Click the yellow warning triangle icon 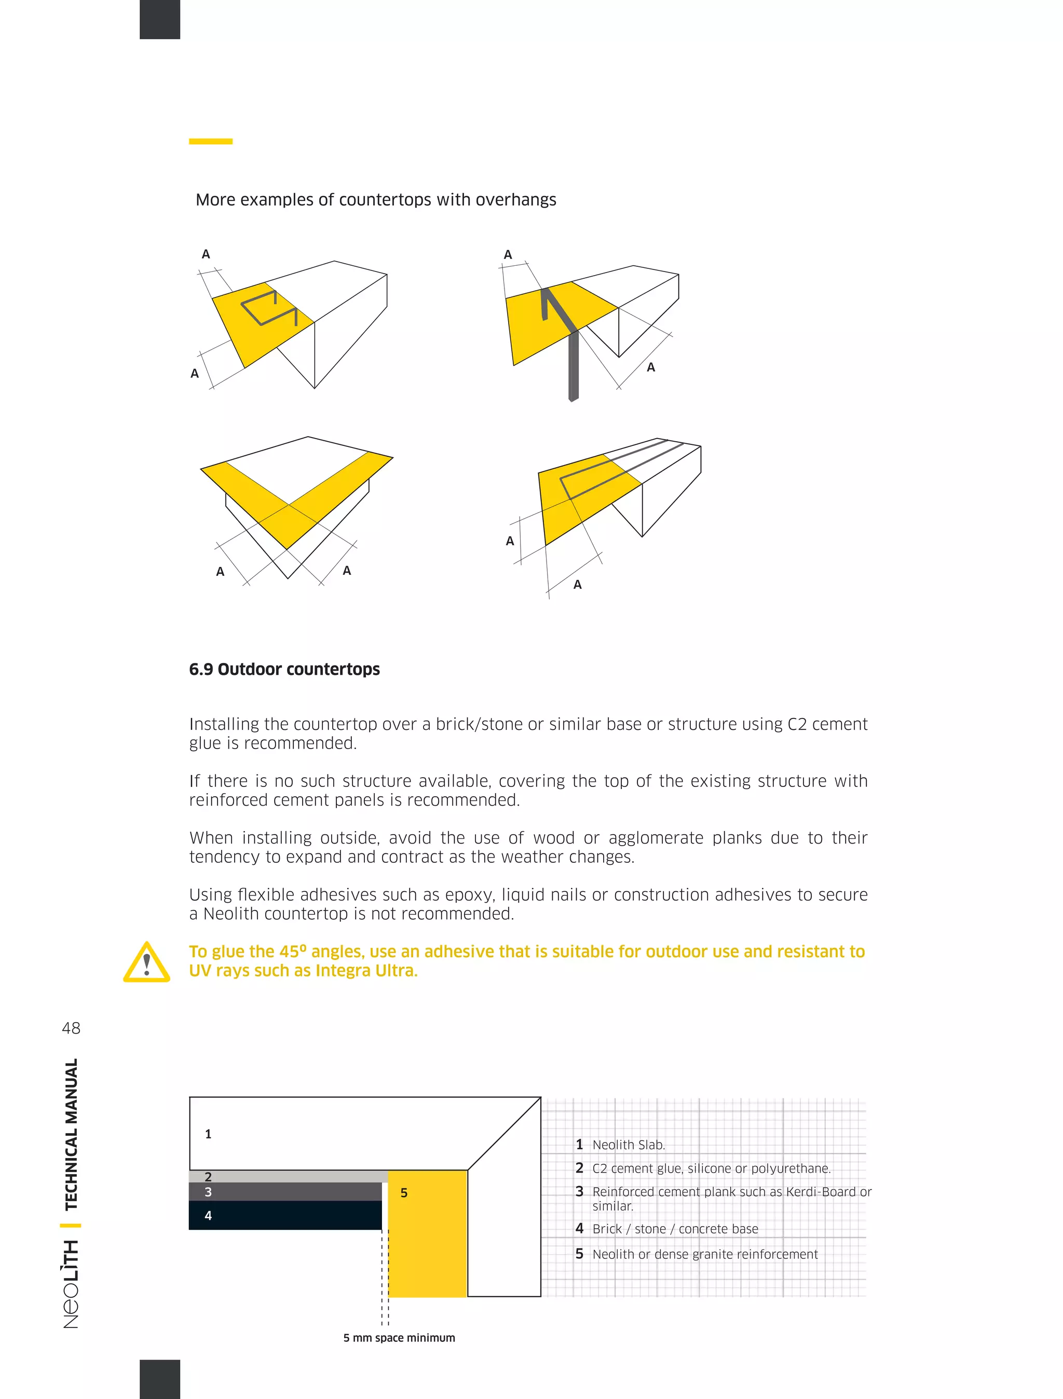(147, 963)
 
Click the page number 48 (71, 1028)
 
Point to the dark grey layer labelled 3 (285, 1192)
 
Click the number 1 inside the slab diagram (208, 1134)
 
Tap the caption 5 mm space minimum (399, 1338)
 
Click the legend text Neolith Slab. (629, 1145)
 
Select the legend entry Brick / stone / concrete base (675, 1229)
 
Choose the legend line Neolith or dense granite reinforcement (705, 1254)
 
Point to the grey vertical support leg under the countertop (573, 367)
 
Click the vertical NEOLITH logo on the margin (72, 1284)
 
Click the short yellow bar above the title (211, 141)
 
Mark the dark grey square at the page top (159, 19)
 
